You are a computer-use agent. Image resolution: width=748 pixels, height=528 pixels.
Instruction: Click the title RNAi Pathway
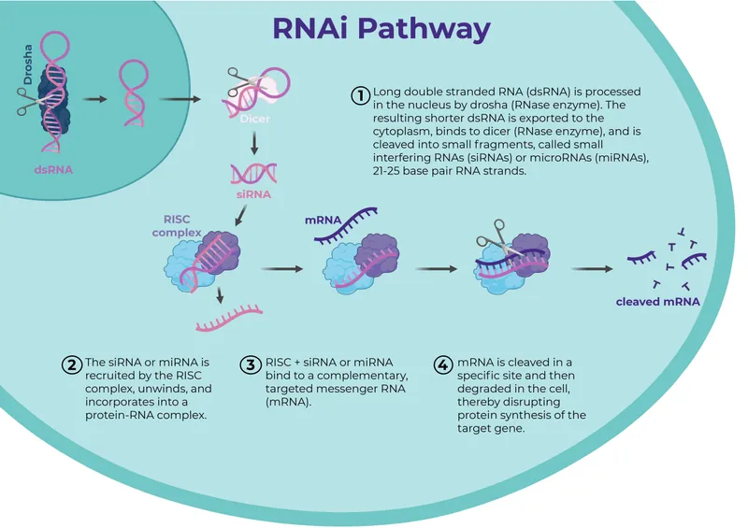click(381, 28)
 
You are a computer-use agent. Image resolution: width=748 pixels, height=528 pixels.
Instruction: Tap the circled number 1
click(360, 94)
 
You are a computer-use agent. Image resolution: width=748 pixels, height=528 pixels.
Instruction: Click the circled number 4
click(444, 364)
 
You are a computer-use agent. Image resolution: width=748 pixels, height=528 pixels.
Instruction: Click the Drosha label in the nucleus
click(28, 67)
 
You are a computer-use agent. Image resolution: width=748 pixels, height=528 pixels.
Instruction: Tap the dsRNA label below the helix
click(53, 170)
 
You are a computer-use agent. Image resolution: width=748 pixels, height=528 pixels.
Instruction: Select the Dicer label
click(253, 119)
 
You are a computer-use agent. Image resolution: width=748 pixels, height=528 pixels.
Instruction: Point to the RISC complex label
click(177, 224)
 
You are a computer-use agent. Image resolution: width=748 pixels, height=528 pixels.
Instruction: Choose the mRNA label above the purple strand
click(323, 221)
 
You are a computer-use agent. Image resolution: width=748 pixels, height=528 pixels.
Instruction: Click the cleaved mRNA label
click(657, 302)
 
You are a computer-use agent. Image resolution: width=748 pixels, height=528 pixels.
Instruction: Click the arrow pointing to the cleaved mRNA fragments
click(592, 269)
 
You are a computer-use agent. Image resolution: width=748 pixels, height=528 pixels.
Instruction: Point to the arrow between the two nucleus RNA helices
click(94, 97)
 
